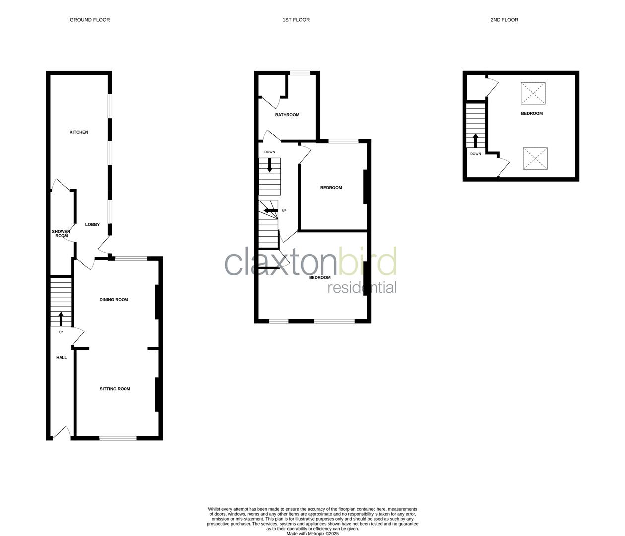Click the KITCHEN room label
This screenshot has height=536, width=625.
coord(79,132)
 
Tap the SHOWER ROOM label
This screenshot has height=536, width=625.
coord(61,234)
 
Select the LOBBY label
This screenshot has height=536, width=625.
coord(92,225)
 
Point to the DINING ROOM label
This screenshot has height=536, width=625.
coord(114,300)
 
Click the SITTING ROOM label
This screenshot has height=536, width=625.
coord(115,389)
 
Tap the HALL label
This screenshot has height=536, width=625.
coord(62,358)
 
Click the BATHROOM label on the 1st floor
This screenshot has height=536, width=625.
coord(287,115)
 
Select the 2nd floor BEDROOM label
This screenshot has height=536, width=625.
coord(532,113)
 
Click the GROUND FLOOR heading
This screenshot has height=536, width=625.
coord(90,20)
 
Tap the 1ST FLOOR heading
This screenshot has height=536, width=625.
coord(296,20)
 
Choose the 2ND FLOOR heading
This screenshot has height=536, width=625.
coord(504,20)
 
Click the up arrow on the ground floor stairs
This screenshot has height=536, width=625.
coord(61,318)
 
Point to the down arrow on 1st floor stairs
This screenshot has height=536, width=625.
coord(270,165)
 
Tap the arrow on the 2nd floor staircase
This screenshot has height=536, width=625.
coord(476,140)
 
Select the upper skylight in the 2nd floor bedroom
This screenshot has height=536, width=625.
coord(534,93)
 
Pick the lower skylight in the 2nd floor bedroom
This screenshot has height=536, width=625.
coord(535,159)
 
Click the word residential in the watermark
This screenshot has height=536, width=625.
coord(362,288)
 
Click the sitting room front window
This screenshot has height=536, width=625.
coord(118,438)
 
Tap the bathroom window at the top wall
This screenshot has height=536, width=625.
coord(300,73)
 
